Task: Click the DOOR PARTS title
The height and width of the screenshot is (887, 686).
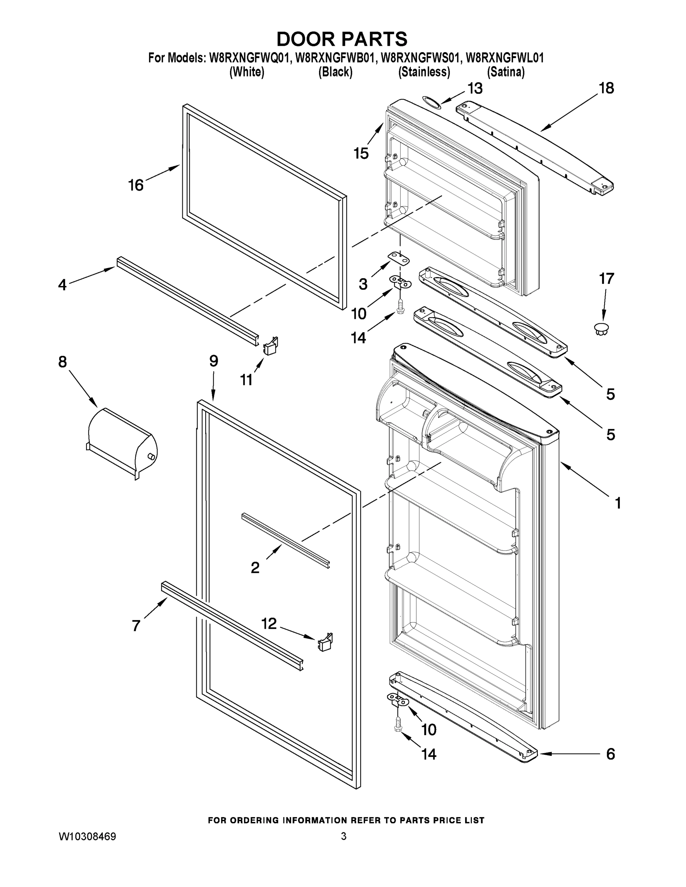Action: pyautogui.click(x=342, y=40)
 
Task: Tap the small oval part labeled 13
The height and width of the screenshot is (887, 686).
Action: pyautogui.click(x=430, y=102)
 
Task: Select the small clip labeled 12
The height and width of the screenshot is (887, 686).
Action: pyautogui.click(x=325, y=642)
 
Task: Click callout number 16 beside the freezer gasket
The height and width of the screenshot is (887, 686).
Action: pyautogui.click(x=136, y=185)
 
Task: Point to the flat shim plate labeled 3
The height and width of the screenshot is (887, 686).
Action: pyautogui.click(x=399, y=258)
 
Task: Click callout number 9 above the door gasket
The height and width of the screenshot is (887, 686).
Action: pyautogui.click(x=214, y=361)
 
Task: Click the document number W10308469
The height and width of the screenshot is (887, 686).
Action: pyautogui.click(x=88, y=837)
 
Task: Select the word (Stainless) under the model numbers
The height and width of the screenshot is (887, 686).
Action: pyautogui.click(x=424, y=72)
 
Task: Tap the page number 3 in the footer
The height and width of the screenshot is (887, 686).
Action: pyautogui.click(x=344, y=836)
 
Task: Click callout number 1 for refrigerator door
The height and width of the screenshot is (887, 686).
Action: pyautogui.click(x=618, y=503)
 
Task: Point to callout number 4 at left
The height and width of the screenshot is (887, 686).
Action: pyautogui.click(x=62, y=285)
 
